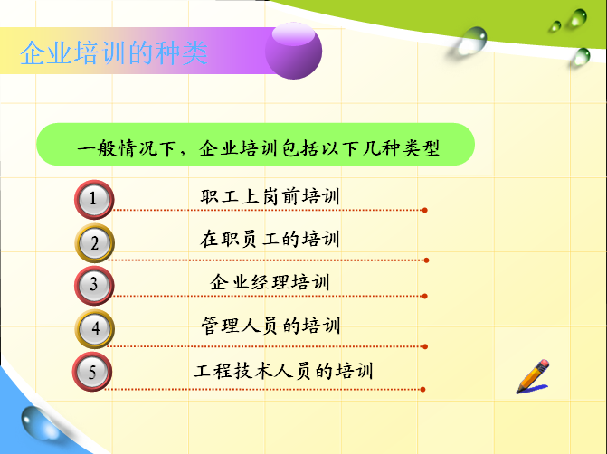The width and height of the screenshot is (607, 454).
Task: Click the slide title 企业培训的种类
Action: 114,53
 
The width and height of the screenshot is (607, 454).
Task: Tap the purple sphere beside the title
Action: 293,51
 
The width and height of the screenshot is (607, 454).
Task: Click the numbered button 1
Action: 94,199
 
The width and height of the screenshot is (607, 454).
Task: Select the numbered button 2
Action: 94,243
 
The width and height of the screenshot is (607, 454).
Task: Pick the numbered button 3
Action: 94,285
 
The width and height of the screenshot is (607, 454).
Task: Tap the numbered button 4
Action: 94,328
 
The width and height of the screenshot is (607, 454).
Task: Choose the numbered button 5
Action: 92,372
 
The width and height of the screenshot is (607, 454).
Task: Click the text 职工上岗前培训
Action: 270,196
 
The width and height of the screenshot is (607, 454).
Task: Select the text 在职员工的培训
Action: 270,239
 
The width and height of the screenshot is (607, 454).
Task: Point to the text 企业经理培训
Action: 270,282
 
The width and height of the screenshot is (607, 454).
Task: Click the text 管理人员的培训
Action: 270,326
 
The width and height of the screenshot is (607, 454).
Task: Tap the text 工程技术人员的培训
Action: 283,371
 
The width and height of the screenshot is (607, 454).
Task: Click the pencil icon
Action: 533,376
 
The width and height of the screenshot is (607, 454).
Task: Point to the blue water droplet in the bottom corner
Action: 39,423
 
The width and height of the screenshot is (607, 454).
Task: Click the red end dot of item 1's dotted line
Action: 424,210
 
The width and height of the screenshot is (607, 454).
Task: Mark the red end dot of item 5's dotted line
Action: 422,390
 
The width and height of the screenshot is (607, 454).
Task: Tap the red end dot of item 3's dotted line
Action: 424,296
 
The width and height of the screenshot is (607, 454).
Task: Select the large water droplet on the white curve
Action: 472,40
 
